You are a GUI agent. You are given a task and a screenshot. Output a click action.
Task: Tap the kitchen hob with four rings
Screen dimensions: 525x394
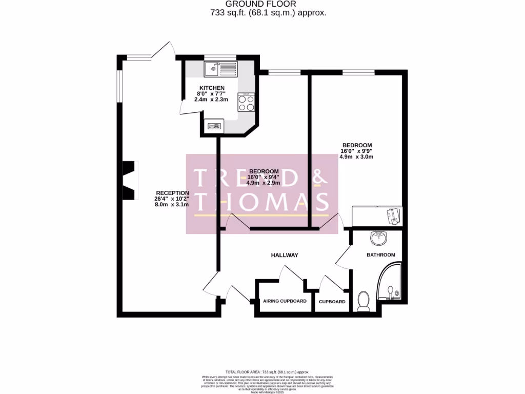pyautogui.click(x=246, y=102)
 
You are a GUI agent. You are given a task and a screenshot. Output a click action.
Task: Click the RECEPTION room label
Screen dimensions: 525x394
pyautogui.click(x=172, y=193)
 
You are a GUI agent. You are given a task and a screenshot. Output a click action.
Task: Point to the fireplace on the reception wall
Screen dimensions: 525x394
pyautogui.click(x=130, y=180)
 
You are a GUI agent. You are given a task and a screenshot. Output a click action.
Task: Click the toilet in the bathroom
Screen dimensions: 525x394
pyautogui.click(x=364, y=302)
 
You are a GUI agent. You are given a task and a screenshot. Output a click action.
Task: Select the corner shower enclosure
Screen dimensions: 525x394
pyautogui.click(x=391, y=286)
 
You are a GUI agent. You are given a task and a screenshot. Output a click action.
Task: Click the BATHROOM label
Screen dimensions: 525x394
pyautogui.click(x=380, y=255)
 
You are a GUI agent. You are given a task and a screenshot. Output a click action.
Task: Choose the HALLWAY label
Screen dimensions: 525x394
pyautogui.click(x=285, y=255)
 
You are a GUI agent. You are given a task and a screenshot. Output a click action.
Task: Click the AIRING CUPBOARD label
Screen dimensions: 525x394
pyautogui.click(x=285, y=302)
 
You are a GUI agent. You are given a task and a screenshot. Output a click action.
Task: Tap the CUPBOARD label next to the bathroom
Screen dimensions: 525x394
pyautogui.click(x=332, y=302)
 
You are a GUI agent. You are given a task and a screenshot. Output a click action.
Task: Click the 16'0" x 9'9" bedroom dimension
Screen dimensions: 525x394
pyautogui.click(x=356, y=151)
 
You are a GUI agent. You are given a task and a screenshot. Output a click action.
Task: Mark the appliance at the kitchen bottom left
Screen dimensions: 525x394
pyautogui.click(x=213, y=125)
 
